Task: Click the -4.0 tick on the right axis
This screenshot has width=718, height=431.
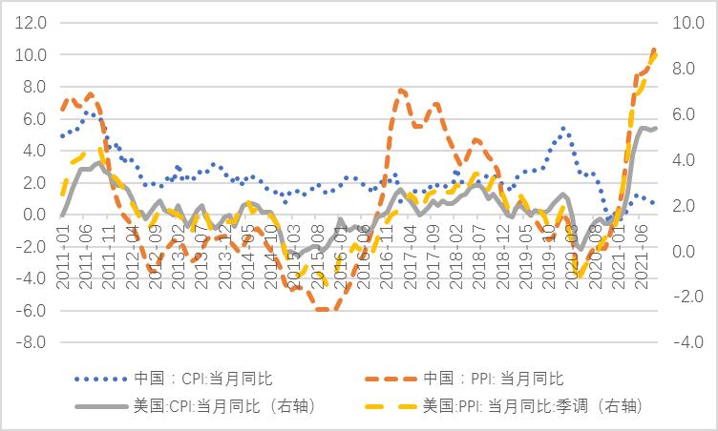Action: [x=688, y=342]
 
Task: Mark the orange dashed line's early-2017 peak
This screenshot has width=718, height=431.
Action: [x=401, y=91]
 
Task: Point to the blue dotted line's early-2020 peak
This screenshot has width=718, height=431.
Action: [x=564, y=128]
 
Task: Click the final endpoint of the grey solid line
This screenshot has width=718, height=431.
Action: [x=655, y=128]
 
